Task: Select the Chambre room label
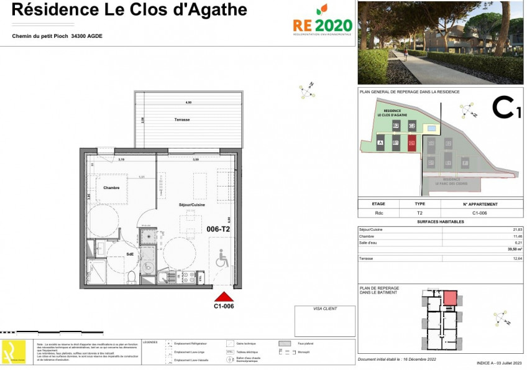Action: point(111,188)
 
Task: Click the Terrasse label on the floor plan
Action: point(181,119)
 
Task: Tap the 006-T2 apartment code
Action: point(218,229)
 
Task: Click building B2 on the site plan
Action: point(395,126)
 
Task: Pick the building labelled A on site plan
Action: point(380,143)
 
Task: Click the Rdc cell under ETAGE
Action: point(378,212)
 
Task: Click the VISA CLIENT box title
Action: point(325,308)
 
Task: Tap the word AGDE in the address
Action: point(94,36)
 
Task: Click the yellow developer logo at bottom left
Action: point(14,353)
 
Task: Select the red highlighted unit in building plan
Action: point(449,297)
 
